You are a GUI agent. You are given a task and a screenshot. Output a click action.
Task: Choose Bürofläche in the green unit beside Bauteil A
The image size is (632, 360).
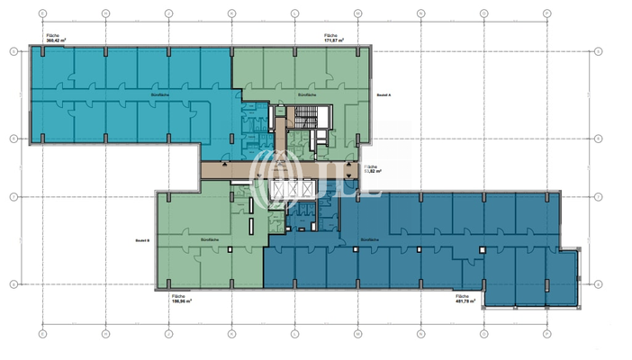pos(306,94)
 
